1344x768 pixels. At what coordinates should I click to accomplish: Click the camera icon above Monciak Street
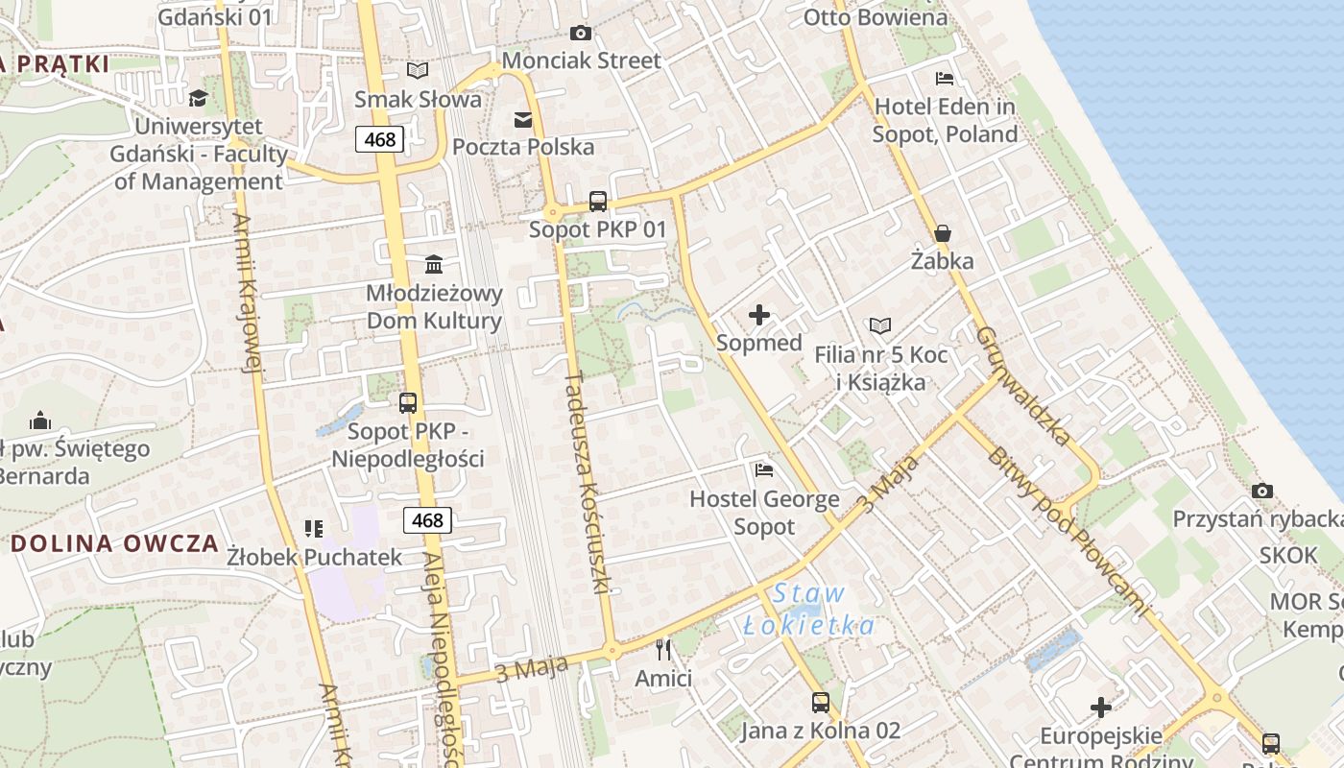click(580, 34)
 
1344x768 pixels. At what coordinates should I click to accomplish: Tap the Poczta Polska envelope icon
click(523, 119)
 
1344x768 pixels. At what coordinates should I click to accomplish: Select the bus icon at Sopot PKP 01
click(598, 202)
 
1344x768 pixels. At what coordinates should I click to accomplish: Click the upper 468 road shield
click(380, 139)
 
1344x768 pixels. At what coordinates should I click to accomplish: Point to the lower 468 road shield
click(427, 520)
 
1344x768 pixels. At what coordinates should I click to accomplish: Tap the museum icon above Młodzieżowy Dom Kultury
click(434, 264)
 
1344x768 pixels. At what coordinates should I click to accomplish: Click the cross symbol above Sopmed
click(759, 315)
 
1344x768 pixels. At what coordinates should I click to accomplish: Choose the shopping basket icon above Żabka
click(942, 233)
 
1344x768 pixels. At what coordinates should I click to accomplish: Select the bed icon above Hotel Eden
click(945, 78)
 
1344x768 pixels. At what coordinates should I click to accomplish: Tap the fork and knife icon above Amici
click(663, 650)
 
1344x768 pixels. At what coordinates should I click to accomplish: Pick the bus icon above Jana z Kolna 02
click(820, 703)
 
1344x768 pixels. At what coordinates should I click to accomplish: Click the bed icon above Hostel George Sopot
click(764, 470)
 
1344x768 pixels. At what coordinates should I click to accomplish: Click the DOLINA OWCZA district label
click(115, 543)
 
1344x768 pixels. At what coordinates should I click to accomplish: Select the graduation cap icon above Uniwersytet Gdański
click(199, 98)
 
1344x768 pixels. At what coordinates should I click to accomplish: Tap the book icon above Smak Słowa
click(418, 70)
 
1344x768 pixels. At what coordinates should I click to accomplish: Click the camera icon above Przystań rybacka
click(1262, 491)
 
